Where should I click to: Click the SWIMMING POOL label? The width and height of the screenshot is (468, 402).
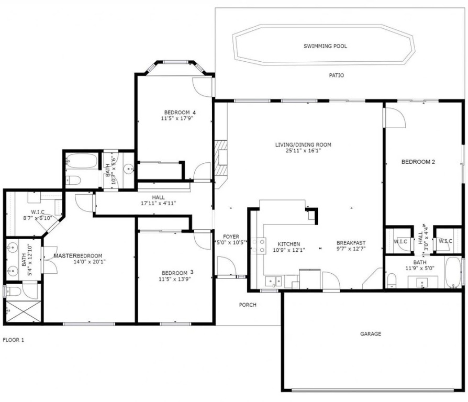tap(325, 46)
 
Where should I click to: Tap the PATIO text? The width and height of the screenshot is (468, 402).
tap(337, 75)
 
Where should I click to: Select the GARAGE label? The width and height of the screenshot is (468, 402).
tap(371, 333)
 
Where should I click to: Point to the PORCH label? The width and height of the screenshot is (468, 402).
tap(248, 305)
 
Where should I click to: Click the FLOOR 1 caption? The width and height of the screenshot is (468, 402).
tap(14, 340)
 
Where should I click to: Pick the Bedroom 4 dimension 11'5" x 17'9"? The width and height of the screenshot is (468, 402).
tap(177, 118)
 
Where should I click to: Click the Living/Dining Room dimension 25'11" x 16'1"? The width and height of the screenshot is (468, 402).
tap(303, 151)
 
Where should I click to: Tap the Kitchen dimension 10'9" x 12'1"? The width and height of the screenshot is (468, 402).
tap(289, 250)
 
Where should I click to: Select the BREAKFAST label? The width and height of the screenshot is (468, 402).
tap(351, 243)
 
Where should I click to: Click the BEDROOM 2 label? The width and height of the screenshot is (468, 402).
tap(418, 162)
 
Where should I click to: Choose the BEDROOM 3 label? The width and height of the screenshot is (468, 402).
tap(177, 273)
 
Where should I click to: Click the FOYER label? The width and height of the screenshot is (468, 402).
tap(231, 237)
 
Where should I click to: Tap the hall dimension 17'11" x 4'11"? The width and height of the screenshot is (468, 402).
tap(158, 204)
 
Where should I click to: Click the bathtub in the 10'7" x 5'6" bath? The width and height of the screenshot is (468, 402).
tap(82, 161)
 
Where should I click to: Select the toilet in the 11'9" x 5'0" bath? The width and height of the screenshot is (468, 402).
tap(391, 281)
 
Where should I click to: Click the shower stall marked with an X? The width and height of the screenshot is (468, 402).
tap(23, 311)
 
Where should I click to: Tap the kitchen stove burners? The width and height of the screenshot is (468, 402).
tap(259, 245)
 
